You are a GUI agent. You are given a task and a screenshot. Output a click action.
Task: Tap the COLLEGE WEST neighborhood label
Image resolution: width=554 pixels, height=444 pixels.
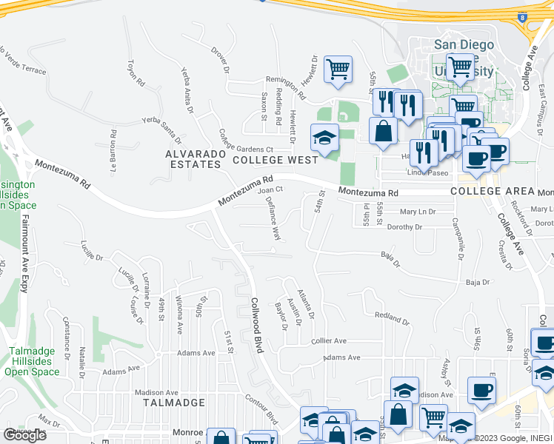(x=275, y=160)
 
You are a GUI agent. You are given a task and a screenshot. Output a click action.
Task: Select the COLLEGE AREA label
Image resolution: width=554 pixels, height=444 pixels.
(x=493, y=191)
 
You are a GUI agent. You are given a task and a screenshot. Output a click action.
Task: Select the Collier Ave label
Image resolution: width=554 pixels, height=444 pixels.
(x=329, y=341)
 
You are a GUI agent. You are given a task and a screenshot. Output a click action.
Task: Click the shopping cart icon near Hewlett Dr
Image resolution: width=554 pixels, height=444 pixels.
(x=338, y=70)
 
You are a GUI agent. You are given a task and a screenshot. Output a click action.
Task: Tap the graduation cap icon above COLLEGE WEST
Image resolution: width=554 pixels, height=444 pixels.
(x=324, y=138)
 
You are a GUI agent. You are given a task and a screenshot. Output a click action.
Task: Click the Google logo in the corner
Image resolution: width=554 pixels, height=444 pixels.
(x=24, y=435)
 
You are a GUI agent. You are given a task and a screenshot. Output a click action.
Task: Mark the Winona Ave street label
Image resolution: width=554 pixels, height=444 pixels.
(x=179, y=314)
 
